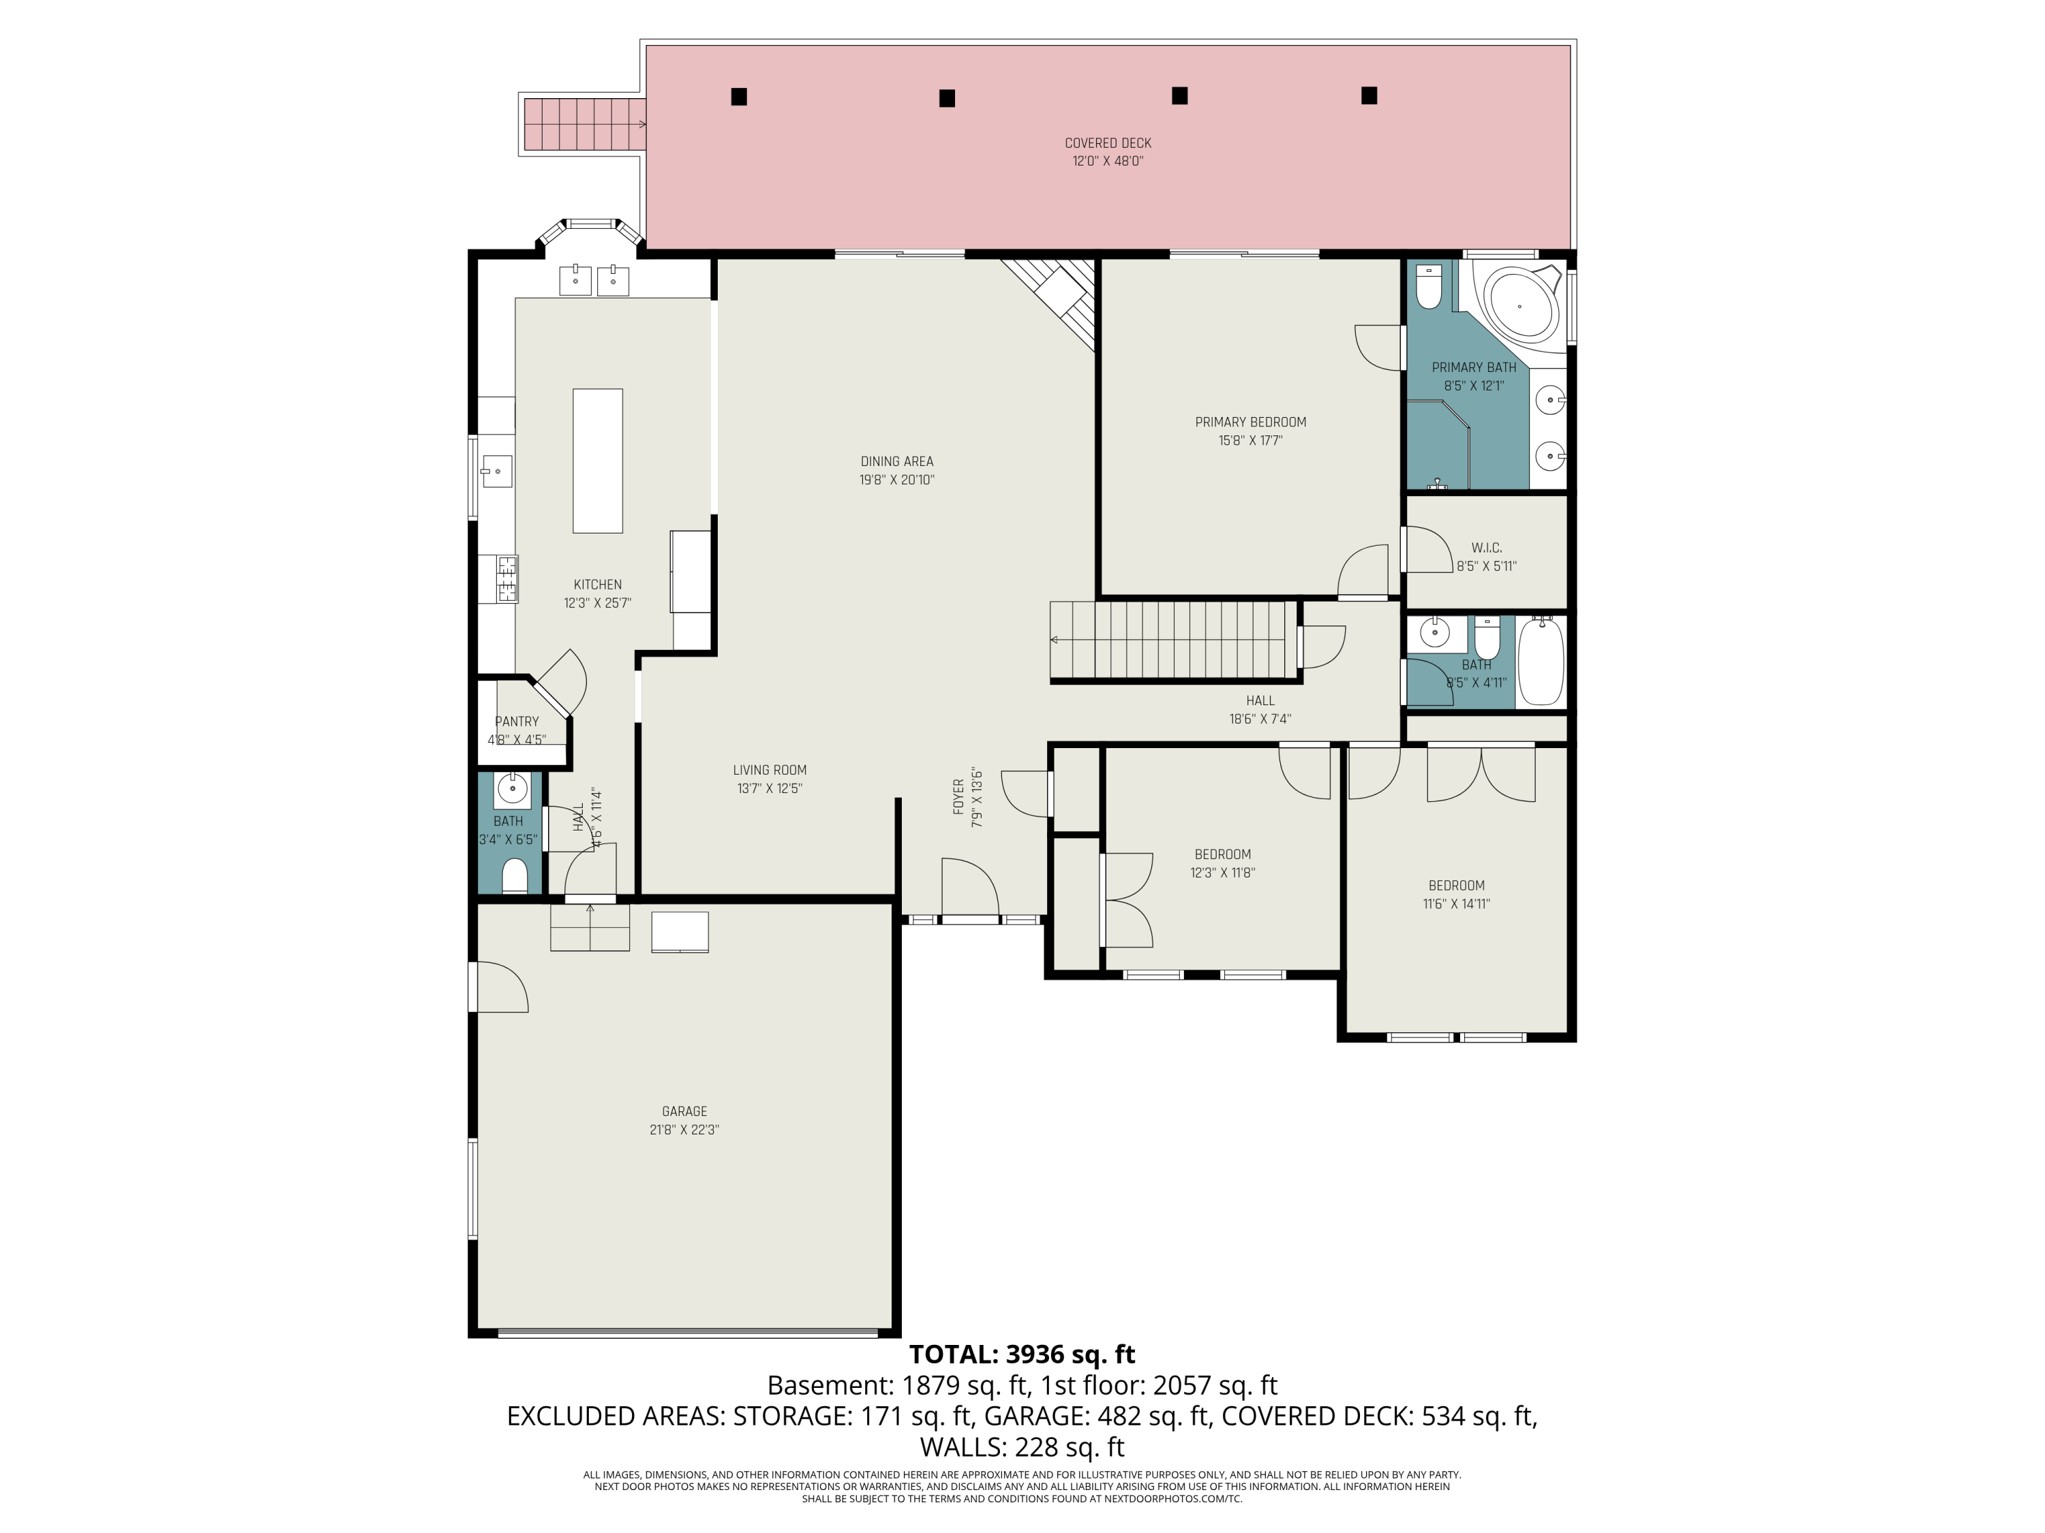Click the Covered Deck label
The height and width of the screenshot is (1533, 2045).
coord(1108,143)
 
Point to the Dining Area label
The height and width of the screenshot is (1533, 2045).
coord(897,461)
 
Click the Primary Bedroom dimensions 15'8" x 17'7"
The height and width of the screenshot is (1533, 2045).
coord(1250,441)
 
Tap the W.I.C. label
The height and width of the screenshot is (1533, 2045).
coord(1487,548)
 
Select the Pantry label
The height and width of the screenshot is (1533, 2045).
coord(517,722)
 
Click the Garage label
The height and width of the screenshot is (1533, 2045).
coord(684,1112)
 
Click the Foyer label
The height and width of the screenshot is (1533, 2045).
coord(958,796)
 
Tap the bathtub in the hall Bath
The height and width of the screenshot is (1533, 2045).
coord(1540,662)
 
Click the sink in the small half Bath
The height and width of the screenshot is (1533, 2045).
coord(512,789)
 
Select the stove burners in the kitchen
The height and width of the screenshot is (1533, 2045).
coord(506,578)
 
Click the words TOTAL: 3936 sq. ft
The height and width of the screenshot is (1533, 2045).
coord(1022,1354)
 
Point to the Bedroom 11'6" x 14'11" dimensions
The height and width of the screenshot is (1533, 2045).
coord(1456,903)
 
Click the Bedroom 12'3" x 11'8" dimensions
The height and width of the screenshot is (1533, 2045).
coord(1222,872)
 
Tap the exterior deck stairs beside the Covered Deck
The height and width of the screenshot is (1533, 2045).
coord(582,125)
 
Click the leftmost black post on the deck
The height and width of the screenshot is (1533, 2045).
coord(739,96)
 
